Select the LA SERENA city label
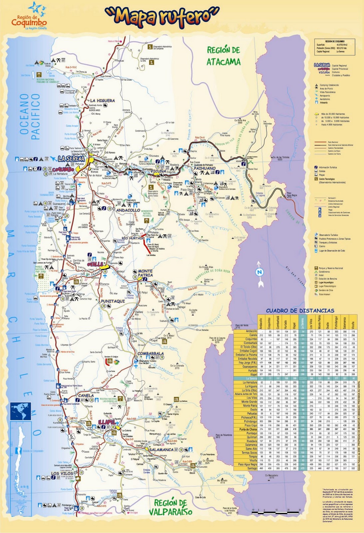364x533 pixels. [x=72, y=159]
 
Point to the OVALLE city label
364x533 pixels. [x=95, y=264]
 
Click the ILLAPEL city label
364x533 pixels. [x=107, y=422]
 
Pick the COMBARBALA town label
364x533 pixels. [x=151, y=354]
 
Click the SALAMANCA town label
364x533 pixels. [x=161, y=449]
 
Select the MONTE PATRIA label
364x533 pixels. [x=145, y=273]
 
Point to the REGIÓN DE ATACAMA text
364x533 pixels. [x=223, y=56]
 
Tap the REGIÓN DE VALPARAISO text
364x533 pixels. [x=171, y=507]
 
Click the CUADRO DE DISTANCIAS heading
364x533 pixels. [x=300, y=310]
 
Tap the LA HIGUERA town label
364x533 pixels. [x=103, y=101]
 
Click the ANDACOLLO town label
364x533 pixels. [x=128, y=211]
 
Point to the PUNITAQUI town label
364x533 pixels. [x=113, y=301]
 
